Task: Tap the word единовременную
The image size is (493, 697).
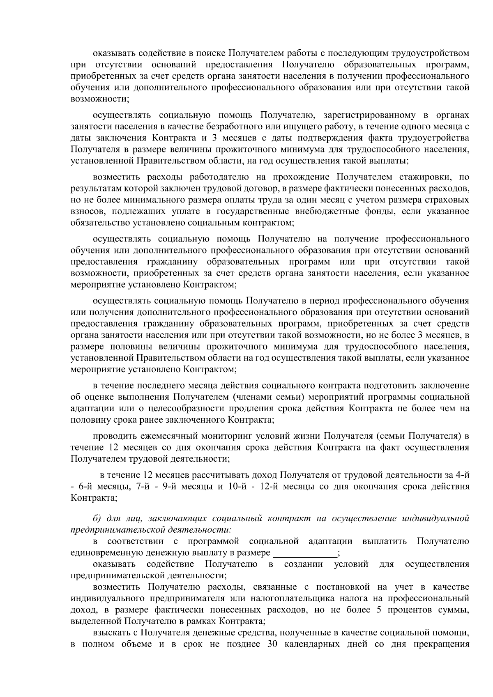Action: click(106, 553)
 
